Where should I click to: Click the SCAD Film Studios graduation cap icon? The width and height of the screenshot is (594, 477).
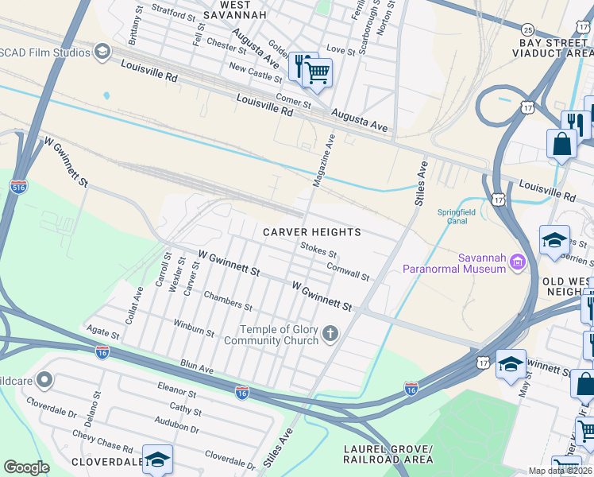click(102, 52)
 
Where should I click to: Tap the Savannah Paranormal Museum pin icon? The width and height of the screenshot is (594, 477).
click(518, 261)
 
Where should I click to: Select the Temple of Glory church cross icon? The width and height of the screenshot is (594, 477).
click(330, 335)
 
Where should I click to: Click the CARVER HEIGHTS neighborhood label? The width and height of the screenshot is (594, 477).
click(313, 232)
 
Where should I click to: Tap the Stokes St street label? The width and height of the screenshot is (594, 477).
click(319, 250)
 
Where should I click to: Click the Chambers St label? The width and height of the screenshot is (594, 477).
click(228, 301)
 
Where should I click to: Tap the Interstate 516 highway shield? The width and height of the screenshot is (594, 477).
click(19, 188)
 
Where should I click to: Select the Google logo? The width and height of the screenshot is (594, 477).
click(26, 467)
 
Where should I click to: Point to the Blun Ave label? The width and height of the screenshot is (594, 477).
click(197, 367)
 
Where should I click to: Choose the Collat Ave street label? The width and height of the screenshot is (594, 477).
click(133, 305)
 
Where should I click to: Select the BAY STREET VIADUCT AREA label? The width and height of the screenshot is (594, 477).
click(556, 48)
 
